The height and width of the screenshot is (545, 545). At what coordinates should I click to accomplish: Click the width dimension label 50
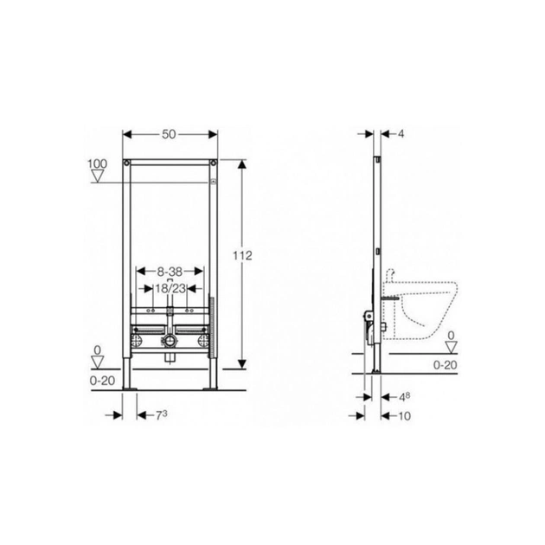point(169,134)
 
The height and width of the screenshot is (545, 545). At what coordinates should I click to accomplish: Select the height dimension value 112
point(242,255)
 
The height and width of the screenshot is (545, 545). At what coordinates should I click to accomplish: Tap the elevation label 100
point(97,163)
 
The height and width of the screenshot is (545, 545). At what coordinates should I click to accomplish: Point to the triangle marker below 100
point(98,176)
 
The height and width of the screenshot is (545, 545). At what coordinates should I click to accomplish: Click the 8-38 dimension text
point(170,272)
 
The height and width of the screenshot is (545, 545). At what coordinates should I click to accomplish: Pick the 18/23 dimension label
point(170,288)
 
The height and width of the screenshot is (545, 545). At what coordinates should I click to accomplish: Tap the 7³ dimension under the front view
point(161,415)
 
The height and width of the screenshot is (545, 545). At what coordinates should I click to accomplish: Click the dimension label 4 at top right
point(401,134)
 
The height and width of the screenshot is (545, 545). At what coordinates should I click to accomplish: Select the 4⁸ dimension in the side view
point(404,397)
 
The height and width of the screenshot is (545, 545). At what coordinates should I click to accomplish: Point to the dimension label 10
point(404,416)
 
